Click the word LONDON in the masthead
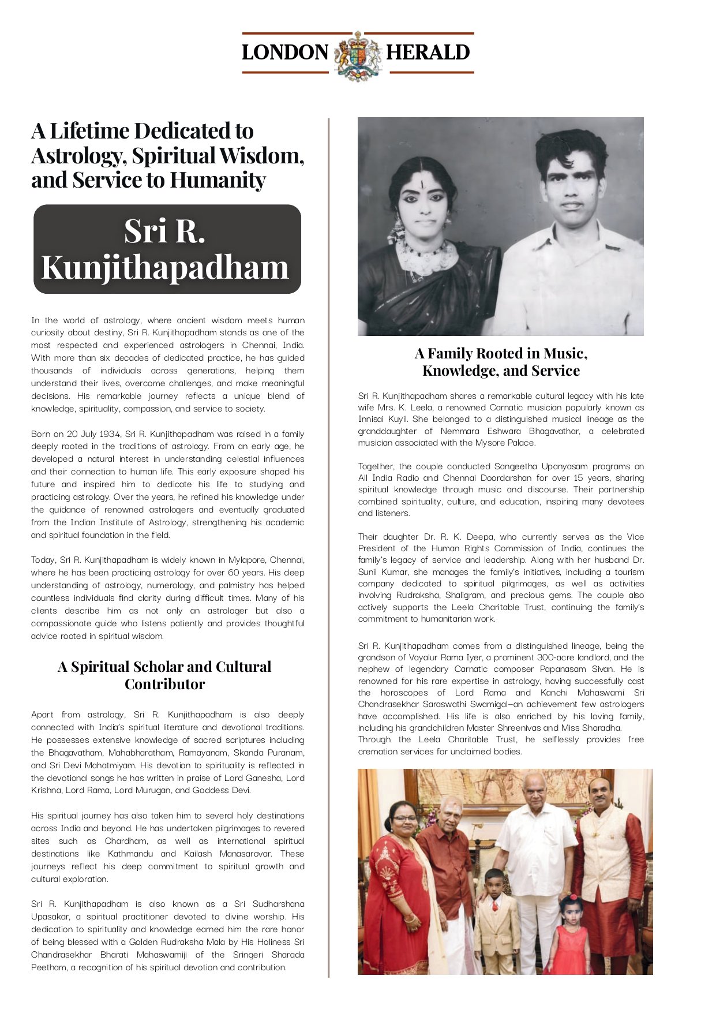tap(285, 53)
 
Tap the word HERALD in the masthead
tap(428, 53)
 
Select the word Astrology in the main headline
tap(76, 156)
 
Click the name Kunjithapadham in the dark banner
tap(164, 267)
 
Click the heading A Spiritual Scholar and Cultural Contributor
tap(164, 675)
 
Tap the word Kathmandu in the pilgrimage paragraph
tap(130, 854)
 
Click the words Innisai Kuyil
tap(384, 420)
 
